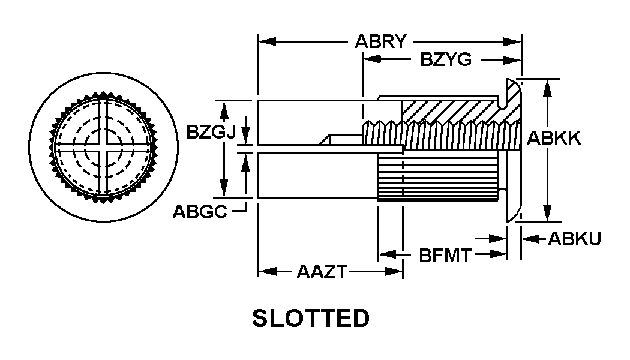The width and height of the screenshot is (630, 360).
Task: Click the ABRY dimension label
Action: (x=380, y=41)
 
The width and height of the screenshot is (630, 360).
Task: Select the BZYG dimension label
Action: (x=446, y=60)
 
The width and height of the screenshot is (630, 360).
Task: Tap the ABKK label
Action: (x=554, y=138)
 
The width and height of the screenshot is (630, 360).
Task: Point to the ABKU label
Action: (x=574, y=239)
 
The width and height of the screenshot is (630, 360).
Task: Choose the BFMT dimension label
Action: (x=445, y=256)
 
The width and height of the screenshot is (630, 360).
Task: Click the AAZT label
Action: (x=322, y=272)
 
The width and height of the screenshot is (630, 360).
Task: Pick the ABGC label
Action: (x=200, y=212)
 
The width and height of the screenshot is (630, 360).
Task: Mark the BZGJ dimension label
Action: (x=211, y=131)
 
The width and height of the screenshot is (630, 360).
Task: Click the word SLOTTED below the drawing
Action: (x=311, y=318)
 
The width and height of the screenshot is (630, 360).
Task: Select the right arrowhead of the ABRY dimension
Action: (x=512, y=41)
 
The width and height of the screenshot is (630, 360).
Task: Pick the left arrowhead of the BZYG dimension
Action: (x=372, y=60)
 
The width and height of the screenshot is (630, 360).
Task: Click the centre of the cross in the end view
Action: (x=103, y=147)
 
